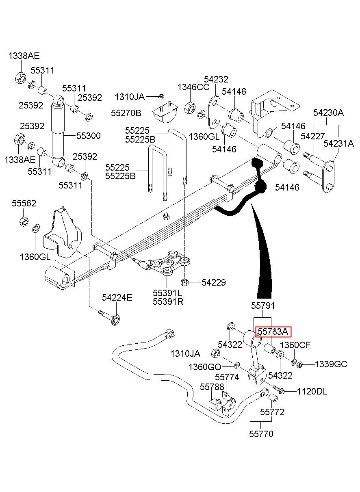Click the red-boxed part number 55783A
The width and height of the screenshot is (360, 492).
coord(273,332)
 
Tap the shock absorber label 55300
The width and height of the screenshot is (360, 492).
coord(89,136)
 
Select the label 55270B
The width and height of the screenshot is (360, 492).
coord(126,113)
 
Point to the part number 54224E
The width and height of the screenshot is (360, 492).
coord(117,298)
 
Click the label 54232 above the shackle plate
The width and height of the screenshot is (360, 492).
coord(216,79)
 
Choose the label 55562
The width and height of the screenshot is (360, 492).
coord(24,203)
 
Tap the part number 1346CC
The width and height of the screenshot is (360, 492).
coord(193,87)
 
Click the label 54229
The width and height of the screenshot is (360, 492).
coord(214,282)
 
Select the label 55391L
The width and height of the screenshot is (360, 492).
coord(167,293)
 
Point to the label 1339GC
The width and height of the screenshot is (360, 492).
coord(331,364)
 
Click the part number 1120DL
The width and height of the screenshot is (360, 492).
coord(312,391)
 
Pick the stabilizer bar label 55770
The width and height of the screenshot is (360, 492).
coord(261,434)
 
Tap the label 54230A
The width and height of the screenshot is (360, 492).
coord(328,113)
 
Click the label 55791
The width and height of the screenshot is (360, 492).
coord(263,306)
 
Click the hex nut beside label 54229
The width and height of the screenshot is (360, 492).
coord(184,282)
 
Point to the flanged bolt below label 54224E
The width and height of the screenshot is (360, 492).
coord(110,316)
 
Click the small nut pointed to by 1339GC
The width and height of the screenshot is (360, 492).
coord(299,365)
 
